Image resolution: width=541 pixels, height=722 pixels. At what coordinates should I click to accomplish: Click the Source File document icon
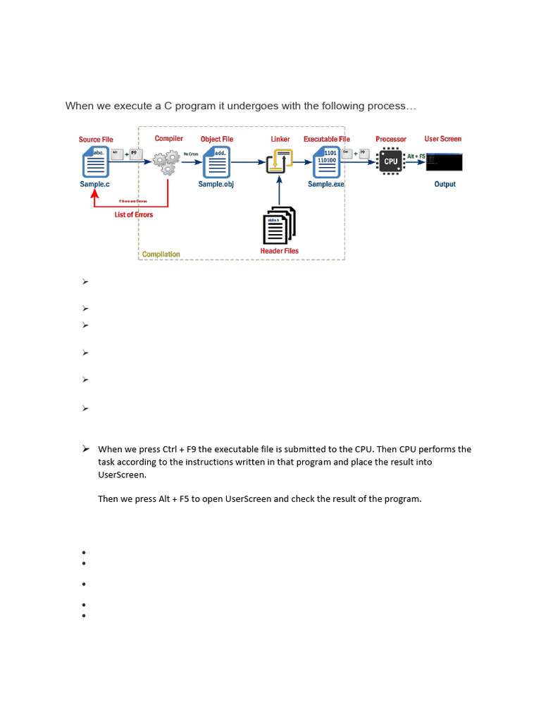point(95,162)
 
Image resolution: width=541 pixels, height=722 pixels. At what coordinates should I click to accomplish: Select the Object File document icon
point(216,162)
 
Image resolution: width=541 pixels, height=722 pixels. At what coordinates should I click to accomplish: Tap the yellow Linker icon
point(280,161)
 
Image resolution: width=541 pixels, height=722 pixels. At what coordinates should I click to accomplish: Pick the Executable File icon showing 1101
point(326,162)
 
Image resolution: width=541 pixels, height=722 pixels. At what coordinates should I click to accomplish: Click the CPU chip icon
point(391,161)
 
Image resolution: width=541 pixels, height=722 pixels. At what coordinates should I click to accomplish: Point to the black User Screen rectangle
point(444,162)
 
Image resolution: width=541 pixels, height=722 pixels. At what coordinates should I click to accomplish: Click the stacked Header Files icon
point(279,225)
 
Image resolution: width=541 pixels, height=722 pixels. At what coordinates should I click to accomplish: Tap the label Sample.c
point(95,184)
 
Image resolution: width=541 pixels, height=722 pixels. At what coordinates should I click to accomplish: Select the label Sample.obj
point(216,184)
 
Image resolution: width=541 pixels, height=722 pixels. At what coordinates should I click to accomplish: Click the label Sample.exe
point(326,184)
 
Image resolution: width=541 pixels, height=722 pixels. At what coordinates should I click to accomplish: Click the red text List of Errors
point(134,214)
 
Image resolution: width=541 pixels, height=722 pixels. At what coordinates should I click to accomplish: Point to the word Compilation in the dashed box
point(161,254)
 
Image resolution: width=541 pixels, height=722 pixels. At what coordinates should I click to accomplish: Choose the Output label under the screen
point(444,184)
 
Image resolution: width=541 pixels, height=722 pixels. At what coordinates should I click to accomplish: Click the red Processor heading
point(391,140)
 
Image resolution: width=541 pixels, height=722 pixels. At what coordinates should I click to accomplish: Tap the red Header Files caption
point(279,251)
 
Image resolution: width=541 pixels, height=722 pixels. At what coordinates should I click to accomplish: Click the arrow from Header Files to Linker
point(280,190)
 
